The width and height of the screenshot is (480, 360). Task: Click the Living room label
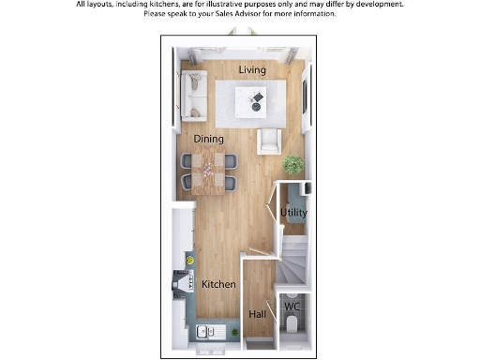click(251, 70)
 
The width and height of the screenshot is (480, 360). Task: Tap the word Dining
click(208, 139)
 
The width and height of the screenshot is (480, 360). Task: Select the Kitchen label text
click(217, 283)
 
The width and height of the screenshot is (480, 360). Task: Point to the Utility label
click(293, 213)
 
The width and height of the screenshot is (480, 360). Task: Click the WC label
click(292, 307)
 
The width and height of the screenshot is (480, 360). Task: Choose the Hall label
click(256, 314)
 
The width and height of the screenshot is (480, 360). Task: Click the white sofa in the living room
click(194, 95)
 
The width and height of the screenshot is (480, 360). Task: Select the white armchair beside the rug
click(269, 141)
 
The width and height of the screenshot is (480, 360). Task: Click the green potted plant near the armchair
click(293, 165)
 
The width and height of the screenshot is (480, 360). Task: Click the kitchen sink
click(204, 331)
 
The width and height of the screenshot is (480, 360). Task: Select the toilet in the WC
click(292, 323)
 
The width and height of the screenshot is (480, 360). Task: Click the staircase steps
click(293, 261)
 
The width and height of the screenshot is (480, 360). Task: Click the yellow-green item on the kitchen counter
click(190, 260)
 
